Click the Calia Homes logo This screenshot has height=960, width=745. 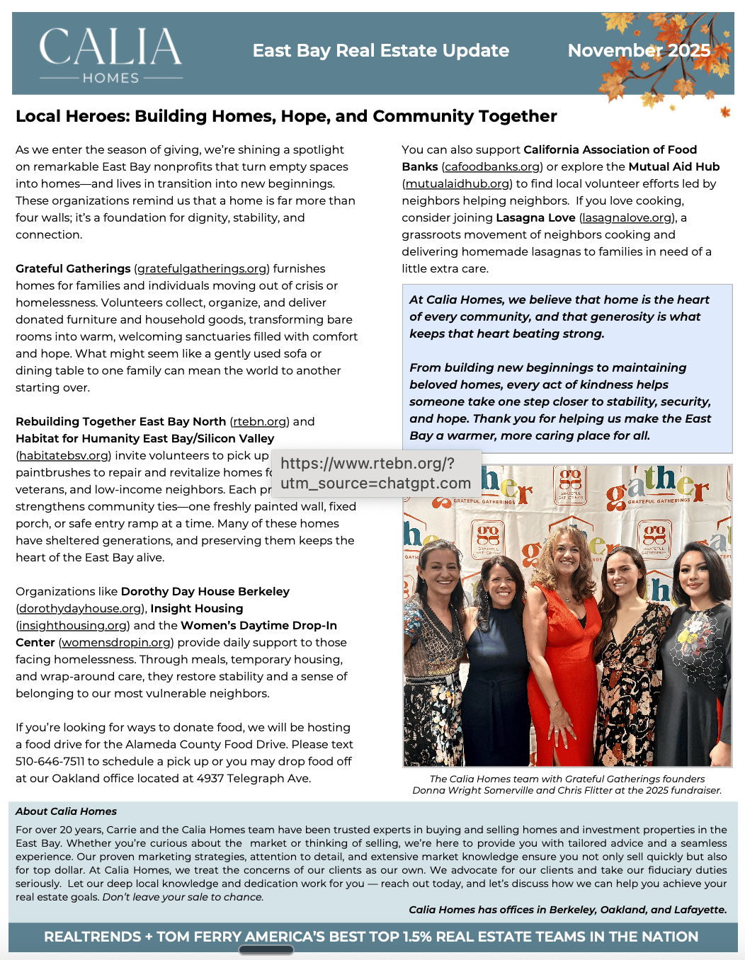(x=111, y=55)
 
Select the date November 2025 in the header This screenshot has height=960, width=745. (x=639, y=50)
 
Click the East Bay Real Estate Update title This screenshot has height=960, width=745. (x=380, y=50)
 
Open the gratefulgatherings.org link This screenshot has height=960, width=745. (x=202, y=269)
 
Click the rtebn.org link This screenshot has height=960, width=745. (x=260, y=422)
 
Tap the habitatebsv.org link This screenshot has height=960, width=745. (x=64, y=456)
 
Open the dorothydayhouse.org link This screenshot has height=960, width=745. (x=80, y=609)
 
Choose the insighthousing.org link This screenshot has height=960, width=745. (x=73, y=626)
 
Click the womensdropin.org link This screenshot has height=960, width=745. (x=115, y=643)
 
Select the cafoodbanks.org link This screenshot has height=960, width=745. (x=492, y=167)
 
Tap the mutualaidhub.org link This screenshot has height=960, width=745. (x=457, y=184)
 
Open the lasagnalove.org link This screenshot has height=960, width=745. (x=627, y=218)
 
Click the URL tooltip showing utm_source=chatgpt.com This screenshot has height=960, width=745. (x=375, y=474)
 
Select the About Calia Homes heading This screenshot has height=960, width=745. (x=66, y=811)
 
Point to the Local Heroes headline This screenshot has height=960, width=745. (x=286, y=116)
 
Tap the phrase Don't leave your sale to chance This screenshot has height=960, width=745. (x=183, y=897)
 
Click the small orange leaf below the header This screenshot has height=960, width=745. (x=724, y=112)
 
